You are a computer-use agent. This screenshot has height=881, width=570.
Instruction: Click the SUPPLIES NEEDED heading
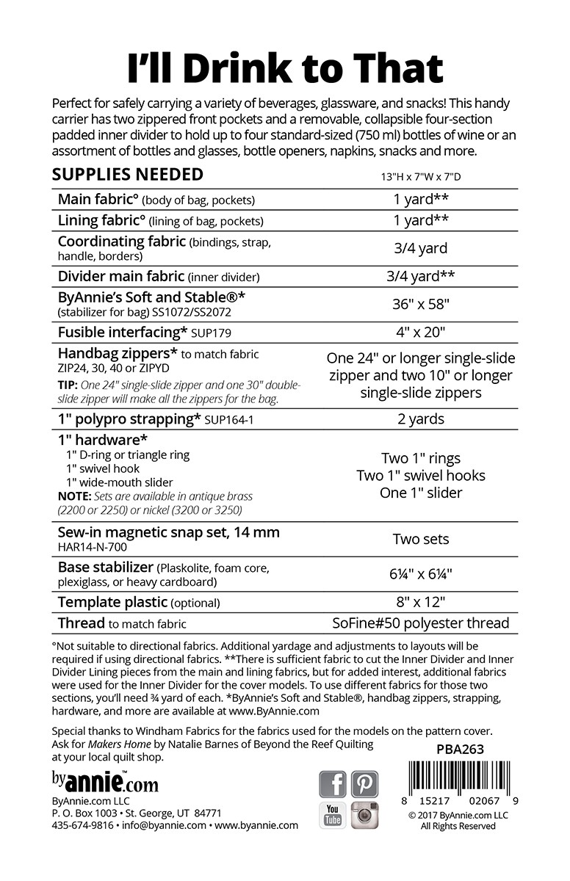click(128, 174)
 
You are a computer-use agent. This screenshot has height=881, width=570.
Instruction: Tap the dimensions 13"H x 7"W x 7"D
click(421, 176)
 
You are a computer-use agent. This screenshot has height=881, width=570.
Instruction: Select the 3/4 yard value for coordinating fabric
click(420, 248)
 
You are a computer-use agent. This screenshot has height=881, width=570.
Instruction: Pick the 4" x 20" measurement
click(421, 332)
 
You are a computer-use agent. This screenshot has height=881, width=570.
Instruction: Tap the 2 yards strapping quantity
click(421, 419)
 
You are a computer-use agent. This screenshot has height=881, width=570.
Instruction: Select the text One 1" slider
click(421, 493)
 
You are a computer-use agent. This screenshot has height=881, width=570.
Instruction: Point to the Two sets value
click(421, 539)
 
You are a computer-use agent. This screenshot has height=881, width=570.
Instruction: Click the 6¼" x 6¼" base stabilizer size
click(421, 574)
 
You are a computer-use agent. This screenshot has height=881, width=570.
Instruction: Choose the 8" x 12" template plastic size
click(421, 603)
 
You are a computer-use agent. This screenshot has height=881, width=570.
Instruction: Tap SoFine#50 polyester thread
click(421, 623)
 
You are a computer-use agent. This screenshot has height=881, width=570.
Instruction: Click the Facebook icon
click(333, 784)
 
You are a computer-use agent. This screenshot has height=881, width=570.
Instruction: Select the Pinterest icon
click(364, 784)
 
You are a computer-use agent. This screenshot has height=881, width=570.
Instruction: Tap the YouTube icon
click(333, 815)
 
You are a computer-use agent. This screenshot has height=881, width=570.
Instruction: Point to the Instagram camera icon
click(364, 815)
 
